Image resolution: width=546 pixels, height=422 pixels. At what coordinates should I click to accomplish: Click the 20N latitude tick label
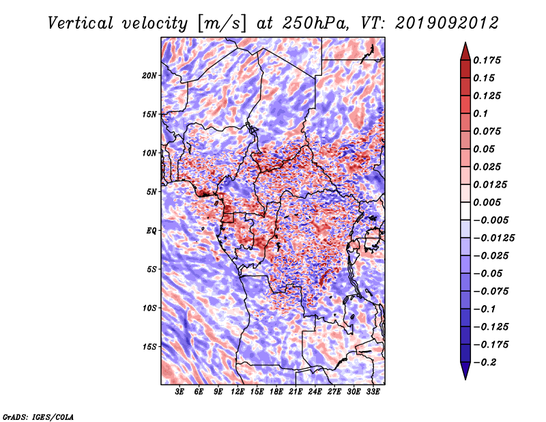(x=149, y=76)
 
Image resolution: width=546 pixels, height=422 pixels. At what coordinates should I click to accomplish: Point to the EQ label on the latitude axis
(x=151, y=231)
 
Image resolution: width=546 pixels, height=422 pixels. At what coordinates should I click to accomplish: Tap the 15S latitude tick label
(x=149, y=347)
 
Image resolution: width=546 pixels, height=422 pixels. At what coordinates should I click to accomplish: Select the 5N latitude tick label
(x=152, y=192)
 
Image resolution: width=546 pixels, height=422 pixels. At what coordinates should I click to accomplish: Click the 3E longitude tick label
(x=179, y=392)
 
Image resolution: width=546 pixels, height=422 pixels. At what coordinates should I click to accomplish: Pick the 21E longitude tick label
(x=296, y=392)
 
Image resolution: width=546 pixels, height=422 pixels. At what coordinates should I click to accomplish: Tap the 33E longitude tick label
(x=373, y=392)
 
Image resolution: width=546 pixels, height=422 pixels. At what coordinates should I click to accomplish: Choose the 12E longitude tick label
(x=238, y=392)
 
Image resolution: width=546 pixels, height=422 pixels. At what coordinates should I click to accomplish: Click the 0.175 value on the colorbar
(x=487, y=60)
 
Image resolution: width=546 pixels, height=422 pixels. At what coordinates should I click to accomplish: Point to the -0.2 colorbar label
(x=485, y=363)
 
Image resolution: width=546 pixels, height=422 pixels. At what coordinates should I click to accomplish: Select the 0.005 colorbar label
(x=487, y=202)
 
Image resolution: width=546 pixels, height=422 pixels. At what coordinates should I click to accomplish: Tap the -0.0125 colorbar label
(x=493, y=238)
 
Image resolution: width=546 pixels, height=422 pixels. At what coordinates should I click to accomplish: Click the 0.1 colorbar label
(x=480, y=113)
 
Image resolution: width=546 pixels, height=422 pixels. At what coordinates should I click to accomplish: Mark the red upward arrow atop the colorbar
(x=465, y=51)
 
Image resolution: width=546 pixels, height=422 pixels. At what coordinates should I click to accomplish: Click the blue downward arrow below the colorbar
(x=465, y=371)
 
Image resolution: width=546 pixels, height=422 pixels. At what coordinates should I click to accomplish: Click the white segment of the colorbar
(x=465, y=211)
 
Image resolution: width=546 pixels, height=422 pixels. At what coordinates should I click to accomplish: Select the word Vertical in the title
(x=81, y=24)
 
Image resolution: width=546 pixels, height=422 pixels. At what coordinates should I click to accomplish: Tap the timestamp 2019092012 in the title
(x=447, y=23)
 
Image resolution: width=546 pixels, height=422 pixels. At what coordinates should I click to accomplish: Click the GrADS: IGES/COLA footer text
(x=38, y=417)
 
